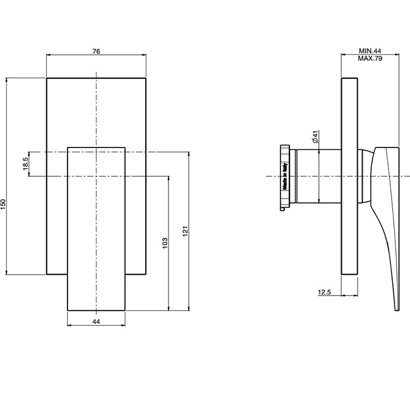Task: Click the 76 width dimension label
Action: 96,51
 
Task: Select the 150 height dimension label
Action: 4,203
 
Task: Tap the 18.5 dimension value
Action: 26,165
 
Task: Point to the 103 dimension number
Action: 164,243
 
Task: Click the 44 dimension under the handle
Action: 96,321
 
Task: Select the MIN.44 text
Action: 370,52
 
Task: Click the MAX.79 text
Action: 370,59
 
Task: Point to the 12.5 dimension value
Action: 325,293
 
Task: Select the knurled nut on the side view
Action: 285,177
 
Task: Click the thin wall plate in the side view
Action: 349,176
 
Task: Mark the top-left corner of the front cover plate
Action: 47,78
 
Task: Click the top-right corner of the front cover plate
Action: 146,78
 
